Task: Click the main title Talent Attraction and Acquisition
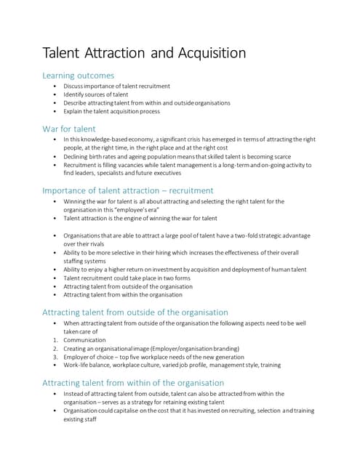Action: (145, 53)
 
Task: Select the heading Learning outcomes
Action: (78, 76)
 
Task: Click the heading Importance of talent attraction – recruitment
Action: (128, 190)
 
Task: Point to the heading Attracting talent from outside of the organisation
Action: (135, 312)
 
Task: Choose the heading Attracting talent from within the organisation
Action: (133, 382)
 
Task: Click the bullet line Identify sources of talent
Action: (95, 94)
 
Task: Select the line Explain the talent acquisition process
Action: (111, 111)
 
